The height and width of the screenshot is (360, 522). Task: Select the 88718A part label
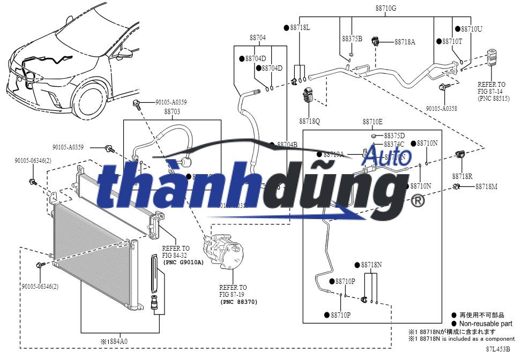click(x=405, y=42)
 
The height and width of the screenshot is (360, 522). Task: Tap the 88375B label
click(x=352, y=39)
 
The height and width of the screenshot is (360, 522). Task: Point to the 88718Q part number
click(x=309, y=122)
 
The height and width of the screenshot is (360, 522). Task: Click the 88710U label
click(x=471, y=28)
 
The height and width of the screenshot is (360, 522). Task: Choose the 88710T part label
click(x=452, y=41)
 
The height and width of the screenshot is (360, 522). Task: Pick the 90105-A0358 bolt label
click(x=442, y=108)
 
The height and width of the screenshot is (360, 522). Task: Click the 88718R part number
click(x=462, y=176)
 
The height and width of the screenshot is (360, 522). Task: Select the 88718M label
click(x=486, y=186)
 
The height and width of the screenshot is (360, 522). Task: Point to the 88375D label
click(x=394, y=136)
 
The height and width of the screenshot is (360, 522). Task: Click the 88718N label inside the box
click(x=371, y=265)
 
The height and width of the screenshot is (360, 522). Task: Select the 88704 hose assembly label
click(x=257, y=37)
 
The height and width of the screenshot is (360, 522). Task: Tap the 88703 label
click(x=172, y=111)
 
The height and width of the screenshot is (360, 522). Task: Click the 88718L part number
click(x=300, y=27)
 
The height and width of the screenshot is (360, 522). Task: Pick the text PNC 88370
click(x=239, y=302)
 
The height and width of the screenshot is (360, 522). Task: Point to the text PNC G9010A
click(x=184, y=262)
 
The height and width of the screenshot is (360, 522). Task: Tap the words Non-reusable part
click(x=487, y=324)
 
